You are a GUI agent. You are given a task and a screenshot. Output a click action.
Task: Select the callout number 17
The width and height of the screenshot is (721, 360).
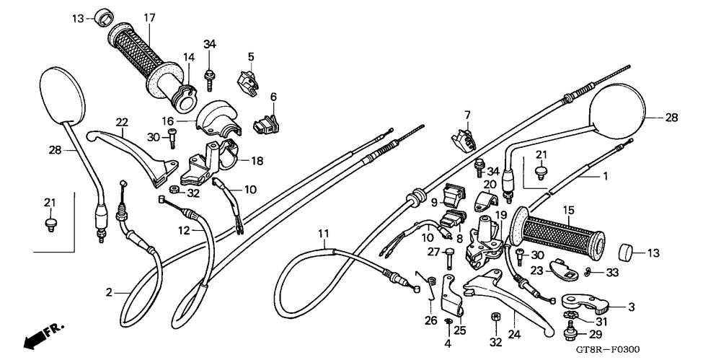[x=149, y=17]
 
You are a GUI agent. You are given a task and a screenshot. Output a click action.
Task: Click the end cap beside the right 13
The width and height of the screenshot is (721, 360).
[x=629, y=253]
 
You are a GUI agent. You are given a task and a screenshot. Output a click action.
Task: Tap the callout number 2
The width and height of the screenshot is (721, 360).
[x=110, y=292]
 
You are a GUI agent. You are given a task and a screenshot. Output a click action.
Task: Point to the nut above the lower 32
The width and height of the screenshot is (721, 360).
[x=496, y=317]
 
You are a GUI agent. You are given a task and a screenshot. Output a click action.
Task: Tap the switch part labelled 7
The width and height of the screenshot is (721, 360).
[x=461, y=138]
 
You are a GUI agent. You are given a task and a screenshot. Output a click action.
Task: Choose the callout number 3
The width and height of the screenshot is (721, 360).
[x=631, y=307]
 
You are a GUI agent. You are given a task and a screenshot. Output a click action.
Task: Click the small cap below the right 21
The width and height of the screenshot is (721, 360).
[x=539, y=172]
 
